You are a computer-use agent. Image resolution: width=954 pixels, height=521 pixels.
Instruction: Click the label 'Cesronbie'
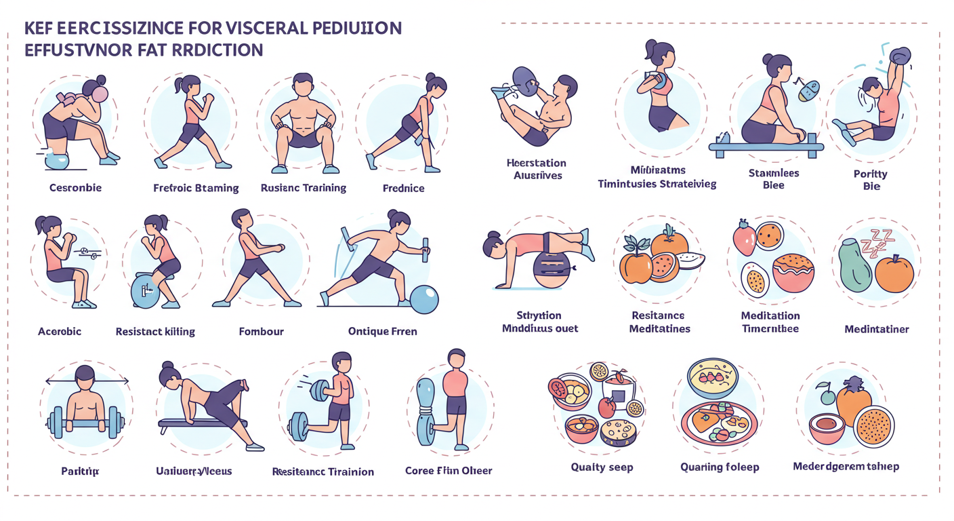(76, 187)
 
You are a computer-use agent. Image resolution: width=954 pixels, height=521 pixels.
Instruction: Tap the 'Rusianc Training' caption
(304, 188)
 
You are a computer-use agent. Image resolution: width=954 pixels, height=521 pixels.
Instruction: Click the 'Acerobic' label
(60, 331)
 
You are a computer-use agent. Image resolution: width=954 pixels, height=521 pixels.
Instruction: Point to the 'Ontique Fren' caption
(383, 331)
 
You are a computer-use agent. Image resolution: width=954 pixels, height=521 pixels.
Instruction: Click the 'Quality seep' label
(602, 467)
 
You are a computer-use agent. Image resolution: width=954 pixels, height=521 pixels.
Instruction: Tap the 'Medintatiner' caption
(877, 329)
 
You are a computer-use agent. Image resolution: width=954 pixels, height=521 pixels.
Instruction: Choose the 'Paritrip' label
(80, 471)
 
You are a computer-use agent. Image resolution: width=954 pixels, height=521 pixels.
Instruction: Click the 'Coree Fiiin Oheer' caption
(449, 470)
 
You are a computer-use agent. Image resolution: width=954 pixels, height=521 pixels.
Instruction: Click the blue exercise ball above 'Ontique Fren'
(424, 299)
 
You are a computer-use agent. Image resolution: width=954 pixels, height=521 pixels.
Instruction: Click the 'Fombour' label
(261, 332)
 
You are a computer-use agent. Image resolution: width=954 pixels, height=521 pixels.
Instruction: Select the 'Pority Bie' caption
(871, 180)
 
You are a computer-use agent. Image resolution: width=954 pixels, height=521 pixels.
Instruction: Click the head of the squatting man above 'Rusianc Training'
(302, 87)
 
